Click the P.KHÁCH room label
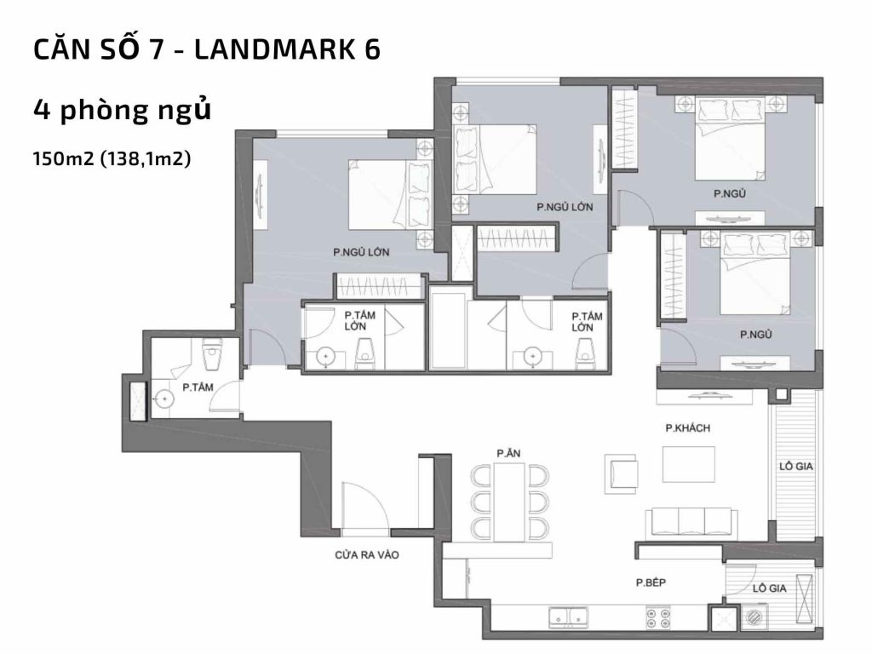687,428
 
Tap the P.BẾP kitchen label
650,583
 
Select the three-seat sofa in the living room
691,520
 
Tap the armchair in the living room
621,473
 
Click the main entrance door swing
362,508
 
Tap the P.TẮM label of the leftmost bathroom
198,387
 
